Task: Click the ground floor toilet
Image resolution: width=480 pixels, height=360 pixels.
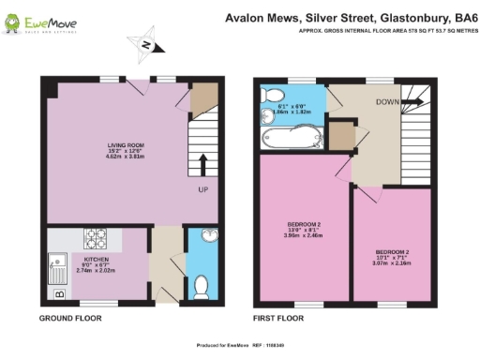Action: coord(205,284)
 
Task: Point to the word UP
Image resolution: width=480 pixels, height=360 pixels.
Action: coord(202,189)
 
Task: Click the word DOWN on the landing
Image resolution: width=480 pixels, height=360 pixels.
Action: coord(387,100)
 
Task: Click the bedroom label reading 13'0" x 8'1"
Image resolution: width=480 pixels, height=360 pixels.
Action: coord(304,229)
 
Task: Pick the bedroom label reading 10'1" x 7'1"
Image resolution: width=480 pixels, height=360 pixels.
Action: coord(392,256)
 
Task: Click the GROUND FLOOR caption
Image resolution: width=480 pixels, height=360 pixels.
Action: coord(70,320)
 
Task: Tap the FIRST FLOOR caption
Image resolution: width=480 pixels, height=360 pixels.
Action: coord(280,320)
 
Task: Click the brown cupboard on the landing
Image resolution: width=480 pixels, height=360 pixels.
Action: coord(342,137)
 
